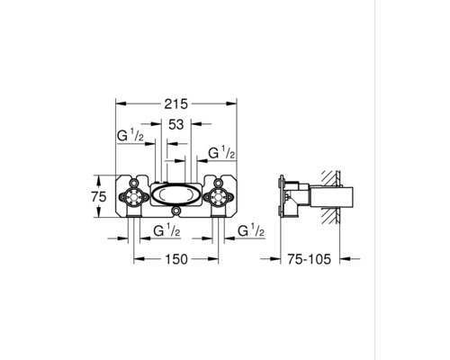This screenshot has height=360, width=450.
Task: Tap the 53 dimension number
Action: [x=175, y=125]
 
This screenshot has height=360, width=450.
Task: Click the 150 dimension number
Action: [x=175, y=259]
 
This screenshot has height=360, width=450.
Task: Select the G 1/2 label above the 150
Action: [x=166, y=232]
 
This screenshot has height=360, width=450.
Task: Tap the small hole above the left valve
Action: [x=135, y=177]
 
